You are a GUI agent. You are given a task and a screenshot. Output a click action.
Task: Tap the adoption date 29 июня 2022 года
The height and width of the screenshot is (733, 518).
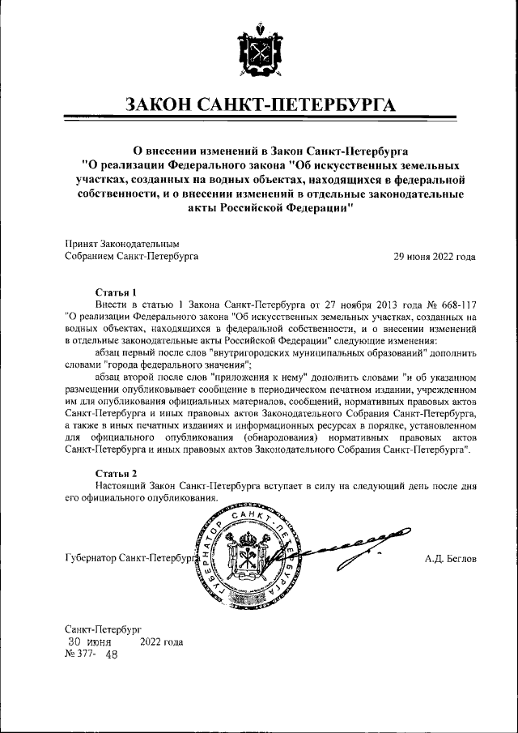[x=434, y=257]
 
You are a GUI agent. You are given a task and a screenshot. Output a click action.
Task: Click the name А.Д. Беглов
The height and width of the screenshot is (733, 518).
[x=450, y=559]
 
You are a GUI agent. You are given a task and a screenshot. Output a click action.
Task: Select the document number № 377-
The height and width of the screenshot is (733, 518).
[x=79, y=654]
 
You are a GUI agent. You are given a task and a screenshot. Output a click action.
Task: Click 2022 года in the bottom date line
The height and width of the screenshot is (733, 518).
[x=161, y=642]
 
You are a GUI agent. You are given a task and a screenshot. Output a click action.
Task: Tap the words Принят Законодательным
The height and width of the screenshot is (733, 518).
[x=121, y=244]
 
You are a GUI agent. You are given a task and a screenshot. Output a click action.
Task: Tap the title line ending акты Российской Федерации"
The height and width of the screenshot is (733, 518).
[x=263, y=208]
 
